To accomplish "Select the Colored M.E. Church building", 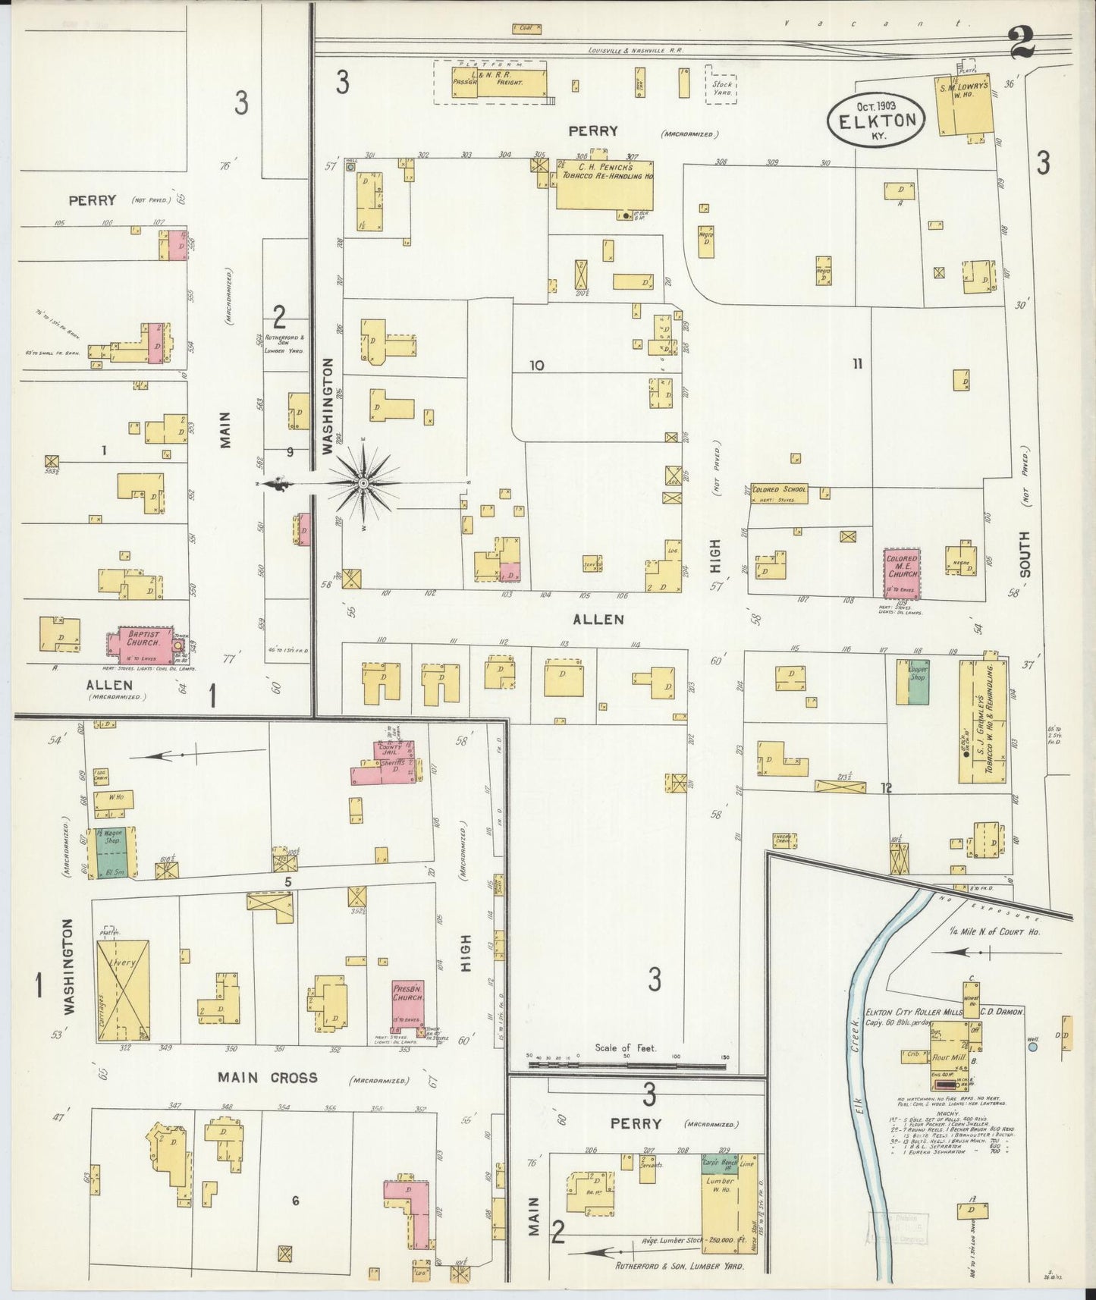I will [902, 574].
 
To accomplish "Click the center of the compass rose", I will [364, 482].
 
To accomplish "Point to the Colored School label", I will [779, 489].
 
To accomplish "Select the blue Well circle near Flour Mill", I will [1032, 1047].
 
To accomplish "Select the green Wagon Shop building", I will [111, 853].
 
